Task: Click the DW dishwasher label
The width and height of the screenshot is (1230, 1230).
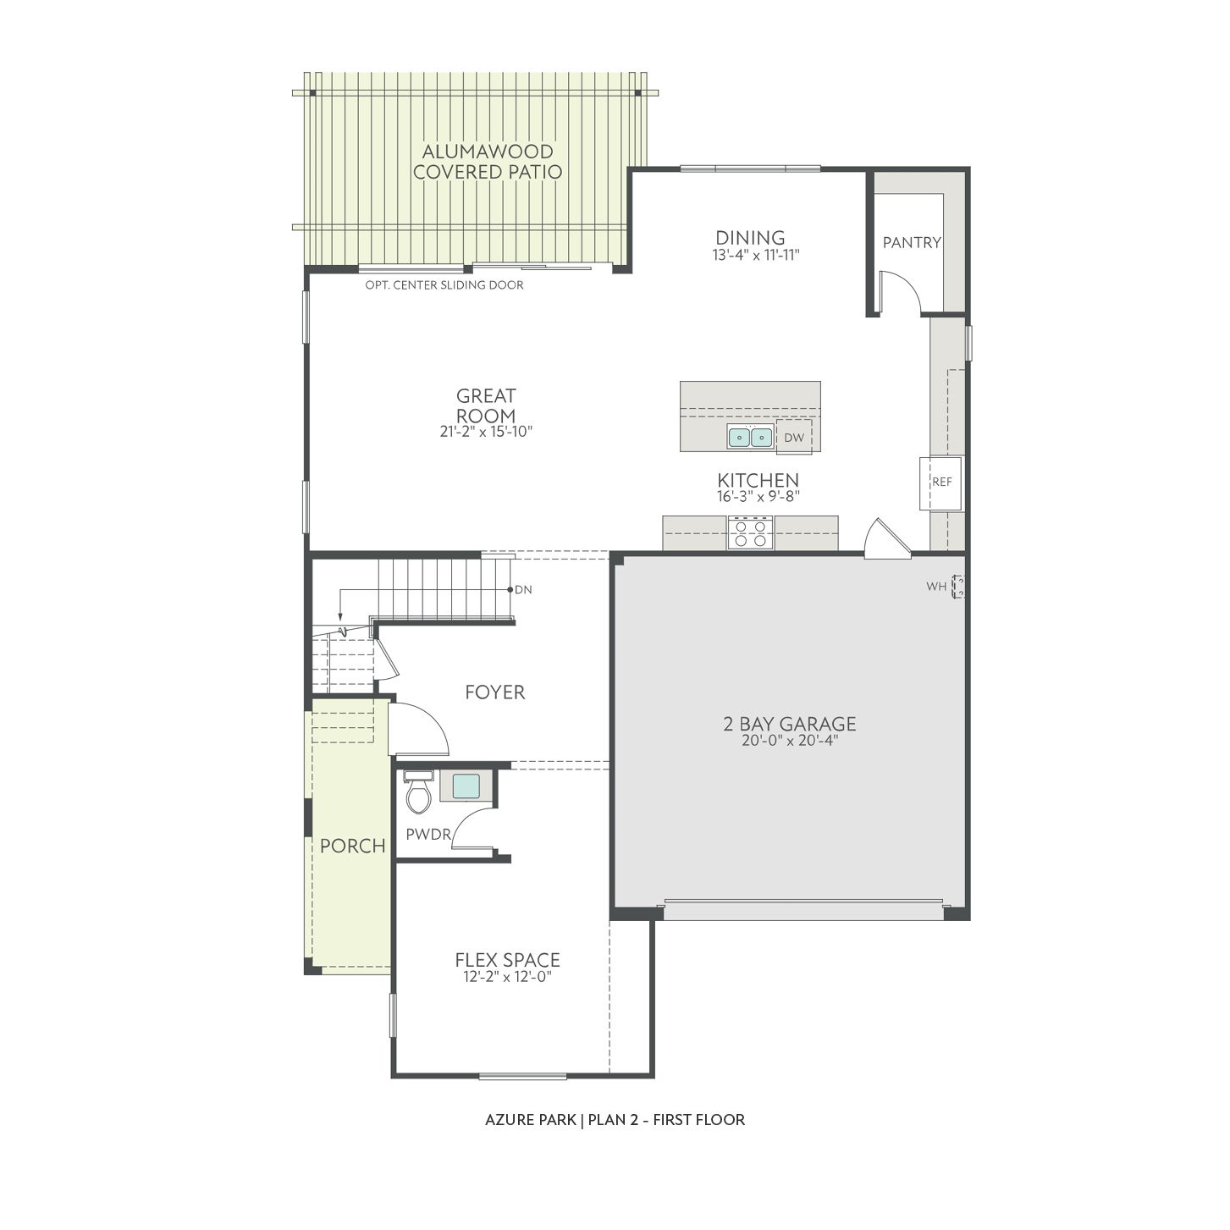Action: point(794,438)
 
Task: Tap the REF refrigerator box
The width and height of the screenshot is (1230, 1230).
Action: point(941,483)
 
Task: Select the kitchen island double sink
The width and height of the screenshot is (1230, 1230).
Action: point(750,437)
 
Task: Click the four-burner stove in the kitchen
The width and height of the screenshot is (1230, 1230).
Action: point(751,533)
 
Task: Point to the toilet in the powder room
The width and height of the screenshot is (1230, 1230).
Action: point(418,792)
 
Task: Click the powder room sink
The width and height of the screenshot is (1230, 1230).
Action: point(466,786)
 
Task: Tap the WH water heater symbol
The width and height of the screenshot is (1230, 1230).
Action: point(957,587)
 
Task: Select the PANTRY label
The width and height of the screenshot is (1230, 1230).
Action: point(912,242)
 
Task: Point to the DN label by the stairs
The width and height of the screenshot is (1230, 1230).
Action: point(523,589)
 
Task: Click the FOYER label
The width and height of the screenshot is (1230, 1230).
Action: point(495,692)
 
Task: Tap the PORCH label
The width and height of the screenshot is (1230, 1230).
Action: point(353,846)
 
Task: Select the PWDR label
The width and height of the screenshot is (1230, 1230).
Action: point(428,834)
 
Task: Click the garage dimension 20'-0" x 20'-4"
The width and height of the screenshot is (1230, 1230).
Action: point(790,741)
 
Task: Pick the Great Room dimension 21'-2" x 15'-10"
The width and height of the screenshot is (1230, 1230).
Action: point(486,431)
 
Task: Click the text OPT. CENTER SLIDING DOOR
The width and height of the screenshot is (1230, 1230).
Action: point(444,285)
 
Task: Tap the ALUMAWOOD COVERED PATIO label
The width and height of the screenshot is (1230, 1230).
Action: point(488,162)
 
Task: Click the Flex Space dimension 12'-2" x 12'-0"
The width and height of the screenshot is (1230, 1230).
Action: point(508,976)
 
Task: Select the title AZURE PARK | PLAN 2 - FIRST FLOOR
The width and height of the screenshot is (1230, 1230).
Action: point(615,1119)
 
